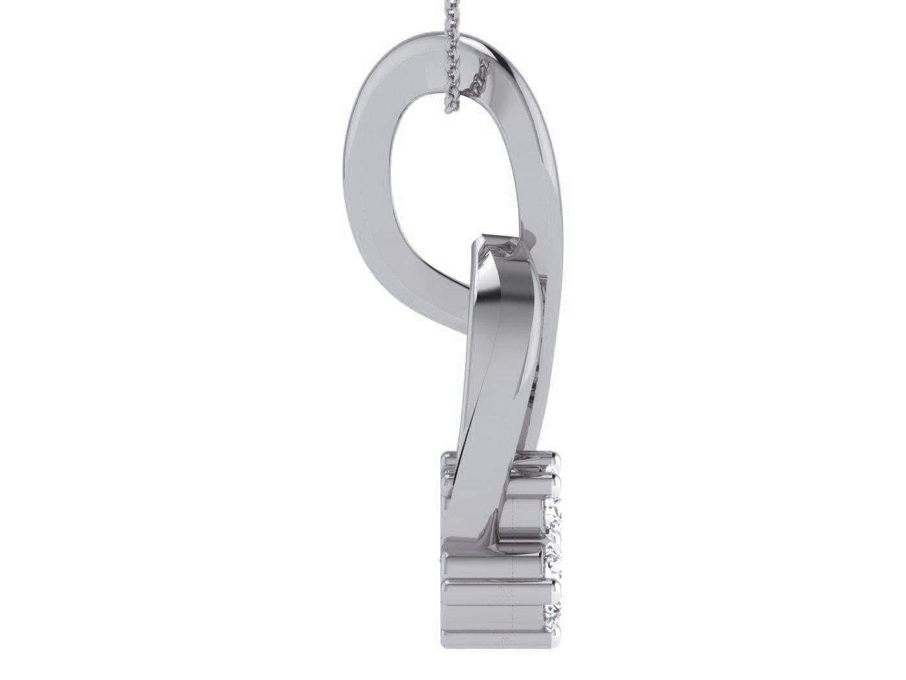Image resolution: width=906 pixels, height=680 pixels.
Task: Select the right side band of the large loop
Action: [x=537, y=162]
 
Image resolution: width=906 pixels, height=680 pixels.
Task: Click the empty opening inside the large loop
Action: [x=447, y=175]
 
